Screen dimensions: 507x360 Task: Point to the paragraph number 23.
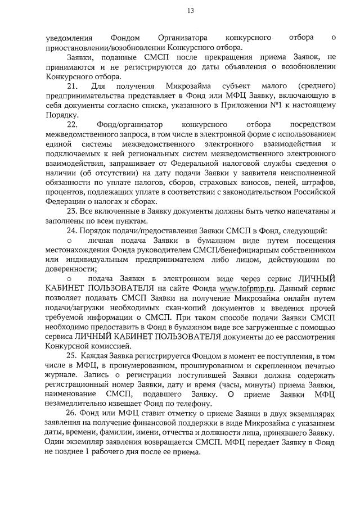(x=72, y=211)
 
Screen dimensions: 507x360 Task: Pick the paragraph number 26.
(x=72, y=413)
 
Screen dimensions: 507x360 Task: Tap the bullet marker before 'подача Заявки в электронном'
(x=69, y=279)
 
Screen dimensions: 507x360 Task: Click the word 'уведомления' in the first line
(x=69, y=38)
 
